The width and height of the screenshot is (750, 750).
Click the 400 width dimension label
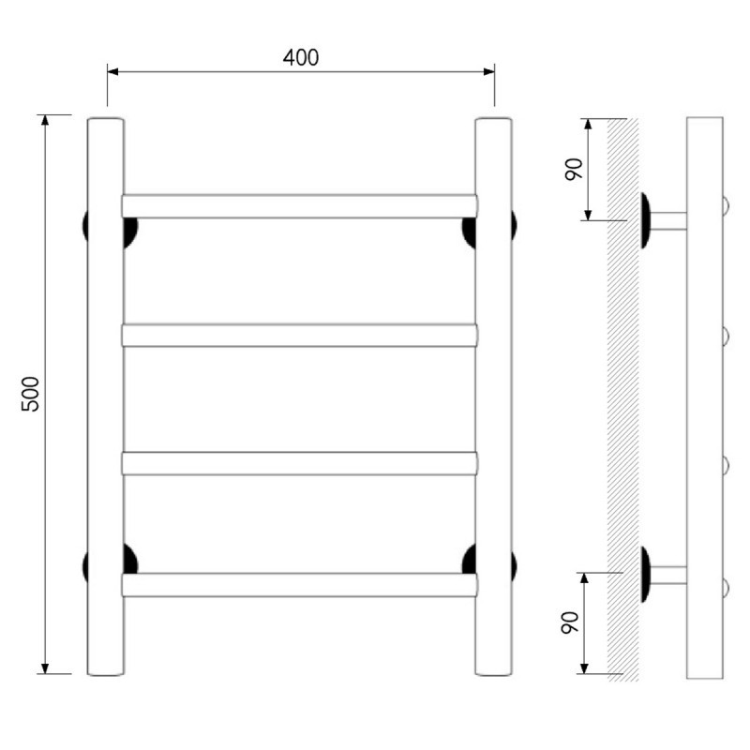300,57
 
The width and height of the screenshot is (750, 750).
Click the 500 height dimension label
30,394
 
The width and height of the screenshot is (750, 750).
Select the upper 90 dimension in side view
574,169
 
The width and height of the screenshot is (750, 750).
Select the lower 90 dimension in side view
569,622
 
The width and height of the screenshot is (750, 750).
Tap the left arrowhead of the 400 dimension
112,72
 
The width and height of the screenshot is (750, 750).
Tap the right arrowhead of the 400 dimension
488,72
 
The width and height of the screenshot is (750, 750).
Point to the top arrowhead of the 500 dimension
45,120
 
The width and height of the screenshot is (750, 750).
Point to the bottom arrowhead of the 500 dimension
45,668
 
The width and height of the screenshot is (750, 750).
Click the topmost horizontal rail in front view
299,206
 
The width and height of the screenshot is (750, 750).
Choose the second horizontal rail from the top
299,336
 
